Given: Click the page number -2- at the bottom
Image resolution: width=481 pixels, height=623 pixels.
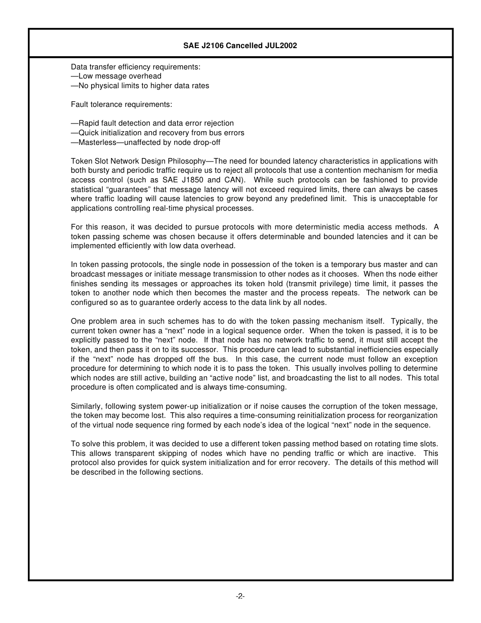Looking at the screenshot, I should point(240,596).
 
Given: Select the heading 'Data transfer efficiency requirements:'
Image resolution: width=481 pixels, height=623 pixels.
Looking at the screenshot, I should point(136,67).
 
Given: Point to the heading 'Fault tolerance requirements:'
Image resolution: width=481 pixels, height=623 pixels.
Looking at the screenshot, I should point(122,104).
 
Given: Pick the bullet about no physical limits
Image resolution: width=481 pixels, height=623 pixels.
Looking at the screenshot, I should point(140,86).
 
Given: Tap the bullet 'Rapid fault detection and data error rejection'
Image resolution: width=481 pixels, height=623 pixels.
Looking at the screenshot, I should point(152,123).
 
